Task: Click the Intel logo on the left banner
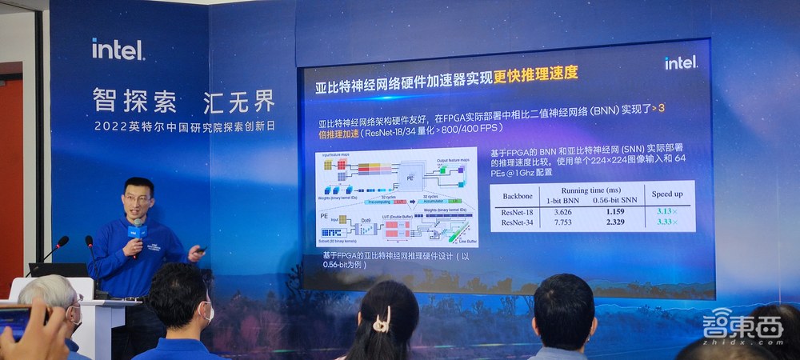117,50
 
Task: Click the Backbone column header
522,195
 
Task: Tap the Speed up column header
668,194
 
